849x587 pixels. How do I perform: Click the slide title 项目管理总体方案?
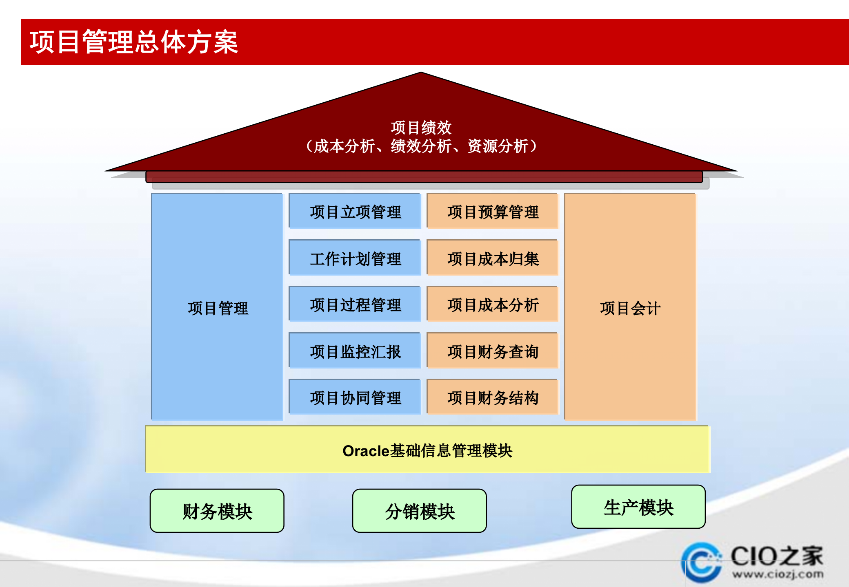(x=134, y=42)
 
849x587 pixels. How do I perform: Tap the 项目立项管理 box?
(x=355, y=212)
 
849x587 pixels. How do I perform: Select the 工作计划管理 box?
(x=355, y=258)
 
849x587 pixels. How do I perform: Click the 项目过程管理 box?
(x=355, y=305)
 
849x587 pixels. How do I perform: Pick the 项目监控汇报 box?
(x=355, y=351)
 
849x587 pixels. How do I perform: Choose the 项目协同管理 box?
(x=355, y=397)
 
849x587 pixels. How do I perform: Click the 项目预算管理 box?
(x=493, y=212)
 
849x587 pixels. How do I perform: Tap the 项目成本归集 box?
(x=493, y=258)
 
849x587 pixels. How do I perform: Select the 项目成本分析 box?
(x=493, y=305)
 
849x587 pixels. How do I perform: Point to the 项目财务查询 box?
(x=493, y=351)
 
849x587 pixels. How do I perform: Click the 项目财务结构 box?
(x=493, y=397)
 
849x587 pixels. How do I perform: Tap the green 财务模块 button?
(x=217, y=511)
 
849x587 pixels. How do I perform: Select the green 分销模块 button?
(x=420, y=511)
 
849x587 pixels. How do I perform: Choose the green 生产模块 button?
(x=638, y=507)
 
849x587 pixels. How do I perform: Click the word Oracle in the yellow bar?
(x=366, y=451)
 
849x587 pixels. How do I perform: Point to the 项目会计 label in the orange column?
(x=630, y=308)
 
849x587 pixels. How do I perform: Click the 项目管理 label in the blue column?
(x=218, y=308)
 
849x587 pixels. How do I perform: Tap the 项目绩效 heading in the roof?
(x=421, y=128)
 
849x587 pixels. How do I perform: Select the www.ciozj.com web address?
(x=778, y=574)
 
